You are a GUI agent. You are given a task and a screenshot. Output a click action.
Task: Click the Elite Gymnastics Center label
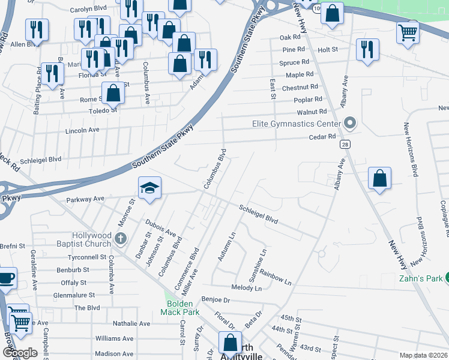point(297,124)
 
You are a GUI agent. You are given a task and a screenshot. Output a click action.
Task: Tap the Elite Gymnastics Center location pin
point(351,124)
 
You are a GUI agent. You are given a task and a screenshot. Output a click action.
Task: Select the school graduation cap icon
point(149,188)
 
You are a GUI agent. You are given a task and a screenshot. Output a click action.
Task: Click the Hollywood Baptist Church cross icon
point(120,239)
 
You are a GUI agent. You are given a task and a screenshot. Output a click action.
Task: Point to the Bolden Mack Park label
point(179,308)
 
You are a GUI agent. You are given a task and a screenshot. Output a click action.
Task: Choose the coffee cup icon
point(7,278)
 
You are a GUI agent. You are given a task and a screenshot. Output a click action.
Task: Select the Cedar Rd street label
point(323,137)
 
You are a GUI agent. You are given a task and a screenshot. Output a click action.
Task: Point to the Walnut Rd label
point(312,112)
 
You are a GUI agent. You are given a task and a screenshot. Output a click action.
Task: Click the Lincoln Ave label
point(82,130)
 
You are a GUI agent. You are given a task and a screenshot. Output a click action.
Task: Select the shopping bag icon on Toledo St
point(113,94)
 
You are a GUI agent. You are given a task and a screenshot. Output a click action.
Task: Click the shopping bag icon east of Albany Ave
point(379,179)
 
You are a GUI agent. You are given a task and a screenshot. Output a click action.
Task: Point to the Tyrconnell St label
point(70,257)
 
